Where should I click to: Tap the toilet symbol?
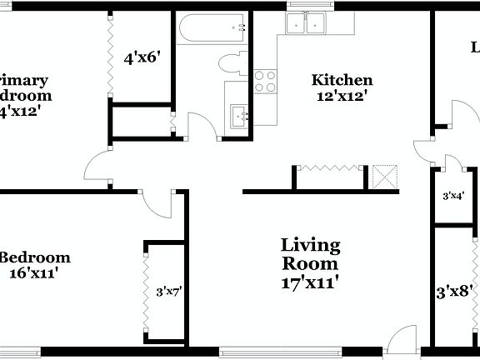(x=231, y=62)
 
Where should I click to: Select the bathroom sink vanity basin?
(x=238, y=114)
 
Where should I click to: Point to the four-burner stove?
(x=266, y=81)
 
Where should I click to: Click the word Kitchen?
(x=341, y=81)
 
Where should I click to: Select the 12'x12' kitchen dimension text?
(x=341, y=96)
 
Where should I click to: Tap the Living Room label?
(x=310, y=253)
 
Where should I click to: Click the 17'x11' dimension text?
(x=310, y=282)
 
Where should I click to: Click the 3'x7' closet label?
(x=168, y=292)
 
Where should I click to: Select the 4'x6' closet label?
(x=141, y=58)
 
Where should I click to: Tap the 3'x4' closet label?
(x=452, y=196)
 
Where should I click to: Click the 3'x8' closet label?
(x=455, y=292)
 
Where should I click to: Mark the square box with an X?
(x=385, y=177)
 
